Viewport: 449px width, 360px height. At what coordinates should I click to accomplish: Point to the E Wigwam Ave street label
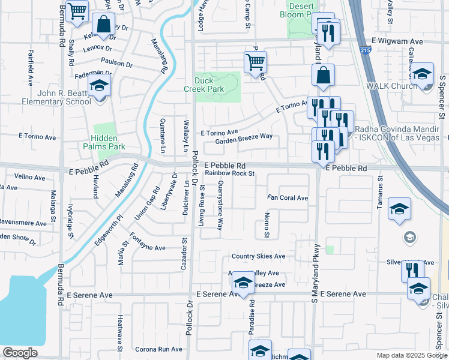[397, 41]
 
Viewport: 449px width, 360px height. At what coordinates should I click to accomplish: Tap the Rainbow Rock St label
[230, 173]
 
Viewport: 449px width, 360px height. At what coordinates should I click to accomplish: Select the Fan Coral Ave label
[288, 198]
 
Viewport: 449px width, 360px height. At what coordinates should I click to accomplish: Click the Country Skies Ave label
[259, 256]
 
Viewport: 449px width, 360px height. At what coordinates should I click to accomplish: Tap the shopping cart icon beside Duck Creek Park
[255, 62]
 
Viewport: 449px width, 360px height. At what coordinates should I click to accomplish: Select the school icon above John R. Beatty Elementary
[99, 86]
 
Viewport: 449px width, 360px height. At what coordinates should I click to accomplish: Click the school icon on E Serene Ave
[243, 283]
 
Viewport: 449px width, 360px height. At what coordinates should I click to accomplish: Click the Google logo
[20, 353]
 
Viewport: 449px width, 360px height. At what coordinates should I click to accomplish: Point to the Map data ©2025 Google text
[411, 355]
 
